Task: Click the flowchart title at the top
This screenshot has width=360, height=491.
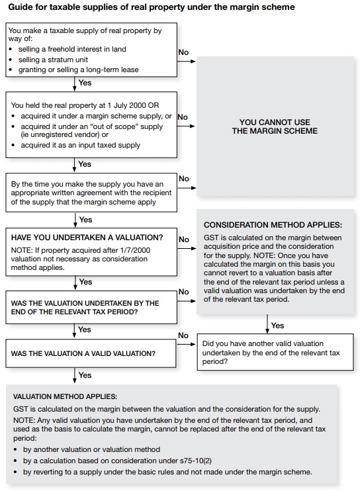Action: pyautogui.click(x=151, y=7)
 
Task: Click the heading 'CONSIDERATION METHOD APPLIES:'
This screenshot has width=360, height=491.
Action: pyautogui.click(x=273, y=225)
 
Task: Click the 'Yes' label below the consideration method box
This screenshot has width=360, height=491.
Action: pyautogui.click(x=277, y=326)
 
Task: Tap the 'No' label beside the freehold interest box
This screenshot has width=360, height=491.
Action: pyautogui.click(x=183, y=52)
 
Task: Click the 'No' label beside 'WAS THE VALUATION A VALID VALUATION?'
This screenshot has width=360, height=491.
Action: pyautogui.click(x=183, y=335)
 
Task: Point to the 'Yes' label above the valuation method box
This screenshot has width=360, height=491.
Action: pyautogui.click(x=85, y=375)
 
